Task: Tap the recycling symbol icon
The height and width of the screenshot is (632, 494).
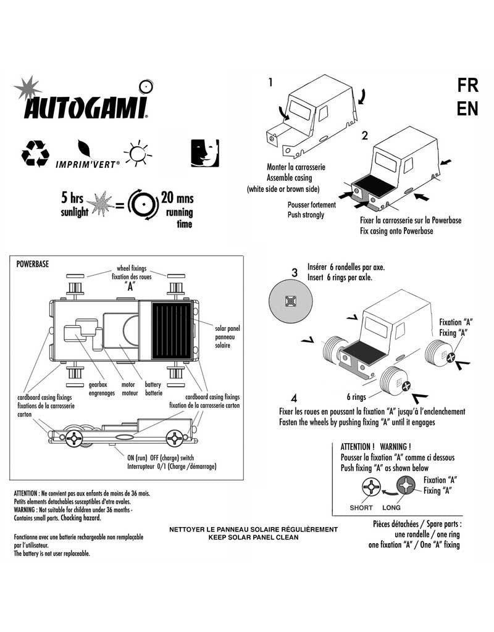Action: coord(35,153)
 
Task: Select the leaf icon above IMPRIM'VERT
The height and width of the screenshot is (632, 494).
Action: coord(82,148)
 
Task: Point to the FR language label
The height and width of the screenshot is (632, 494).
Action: coord(467,85)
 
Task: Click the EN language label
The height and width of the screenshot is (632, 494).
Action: coord(467,109)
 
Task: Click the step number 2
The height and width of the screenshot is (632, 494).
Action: coord(365,135)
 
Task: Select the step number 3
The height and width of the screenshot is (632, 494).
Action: coord(295,272)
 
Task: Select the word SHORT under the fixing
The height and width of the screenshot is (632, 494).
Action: coord(361,507)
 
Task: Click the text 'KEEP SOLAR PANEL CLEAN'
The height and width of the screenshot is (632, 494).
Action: coord(253,538)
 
